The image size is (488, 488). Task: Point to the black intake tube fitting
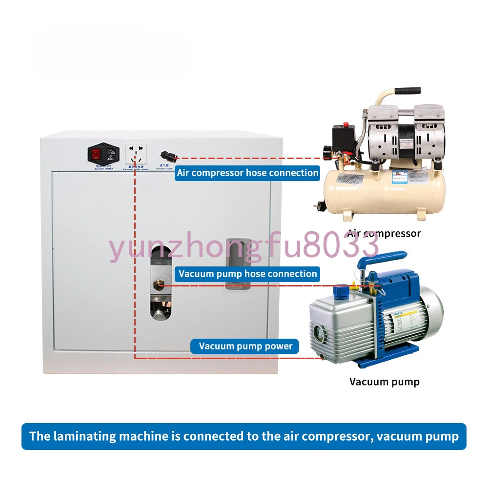coord(167,157)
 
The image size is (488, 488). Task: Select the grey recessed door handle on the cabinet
coord(238,264)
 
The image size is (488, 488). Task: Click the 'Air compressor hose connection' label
coord(247,173)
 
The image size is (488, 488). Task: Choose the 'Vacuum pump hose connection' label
coord(247,274)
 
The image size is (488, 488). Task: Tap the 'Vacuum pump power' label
coord(245,346)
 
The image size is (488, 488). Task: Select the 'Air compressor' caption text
coord(384,233)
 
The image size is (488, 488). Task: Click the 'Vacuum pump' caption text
coord(384,381)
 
